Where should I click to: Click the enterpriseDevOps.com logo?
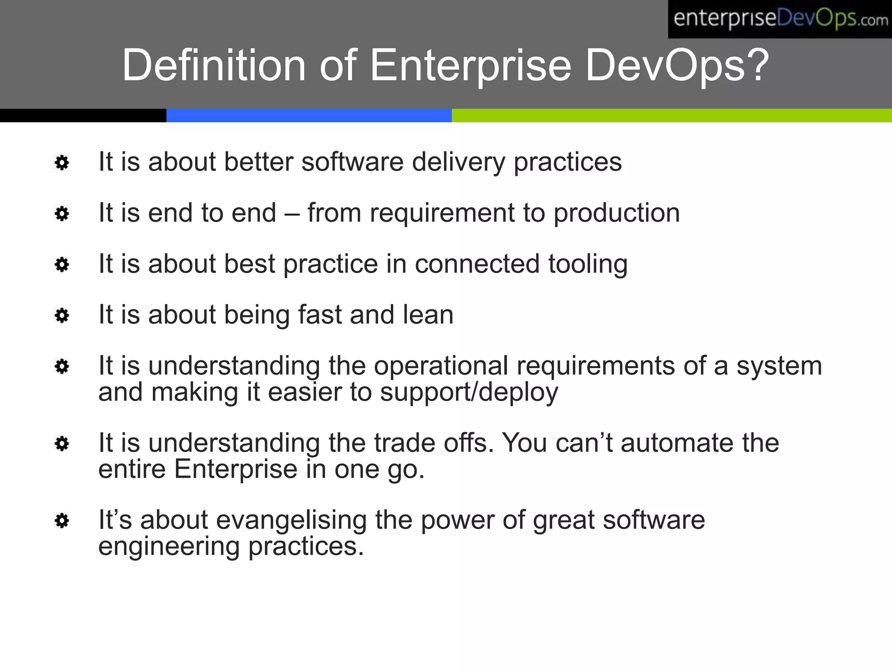780,19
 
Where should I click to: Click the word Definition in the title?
214,65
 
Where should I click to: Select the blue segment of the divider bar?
309,115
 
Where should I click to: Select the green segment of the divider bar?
671,115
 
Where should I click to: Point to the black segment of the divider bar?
83,115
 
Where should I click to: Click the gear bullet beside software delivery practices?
62,163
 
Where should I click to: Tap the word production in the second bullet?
616,213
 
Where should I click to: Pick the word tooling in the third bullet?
588,264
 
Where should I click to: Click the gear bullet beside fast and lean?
62,315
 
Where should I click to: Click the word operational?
441,365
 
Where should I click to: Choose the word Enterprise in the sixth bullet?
236,470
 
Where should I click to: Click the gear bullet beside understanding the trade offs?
62,444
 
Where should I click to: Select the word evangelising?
291,520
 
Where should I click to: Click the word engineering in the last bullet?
169,547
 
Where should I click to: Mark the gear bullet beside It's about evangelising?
62,520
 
